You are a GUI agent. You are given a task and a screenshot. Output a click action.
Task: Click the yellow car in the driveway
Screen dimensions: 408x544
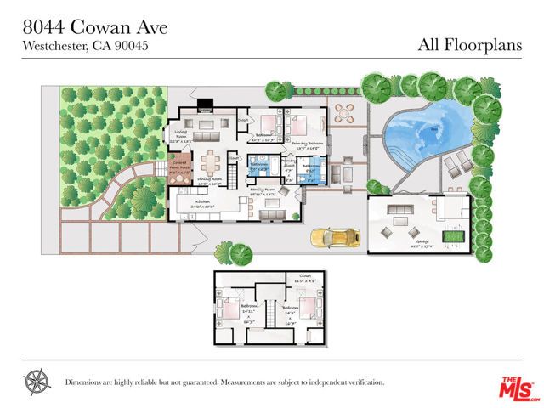pyautogui.click(x=330, y=237)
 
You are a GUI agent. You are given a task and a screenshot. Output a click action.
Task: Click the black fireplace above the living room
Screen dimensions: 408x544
pyautogui.click(x=203, y=107)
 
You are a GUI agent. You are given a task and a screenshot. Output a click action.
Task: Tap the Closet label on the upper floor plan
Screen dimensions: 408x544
pyautogui.click(x=304, y=276)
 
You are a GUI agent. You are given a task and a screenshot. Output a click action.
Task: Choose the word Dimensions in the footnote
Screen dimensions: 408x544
pyautogui.click(x=86, y=382)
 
